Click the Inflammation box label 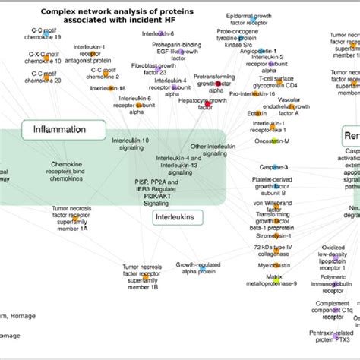pyautogui.click(x=58, y=130)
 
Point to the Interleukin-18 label pyautogui.click(x=107, y=89)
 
